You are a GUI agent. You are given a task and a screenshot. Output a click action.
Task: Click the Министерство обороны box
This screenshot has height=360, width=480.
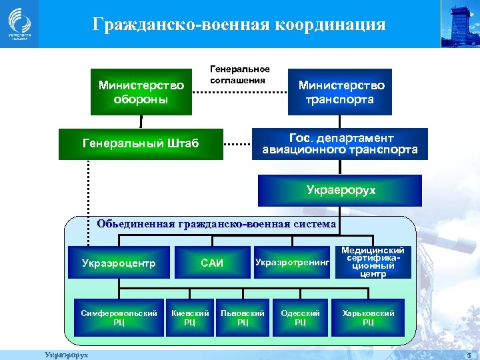pos(141,92)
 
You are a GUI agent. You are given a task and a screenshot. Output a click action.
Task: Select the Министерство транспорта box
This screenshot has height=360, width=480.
pos(340,92)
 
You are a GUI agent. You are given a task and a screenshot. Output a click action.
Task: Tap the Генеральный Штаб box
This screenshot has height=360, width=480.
pos(140,143)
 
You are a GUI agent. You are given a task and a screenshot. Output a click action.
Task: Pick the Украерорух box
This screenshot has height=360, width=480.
pos(340,190)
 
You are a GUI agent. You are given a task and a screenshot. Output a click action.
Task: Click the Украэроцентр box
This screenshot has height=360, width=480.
pos(119,263)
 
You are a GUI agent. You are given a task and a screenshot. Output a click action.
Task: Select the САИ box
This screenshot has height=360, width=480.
pos(212,263)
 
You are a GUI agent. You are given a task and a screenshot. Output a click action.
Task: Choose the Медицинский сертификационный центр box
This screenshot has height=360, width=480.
pos(373,262)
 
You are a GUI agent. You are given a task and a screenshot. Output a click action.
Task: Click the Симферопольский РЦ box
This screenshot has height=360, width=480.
pos(119,317)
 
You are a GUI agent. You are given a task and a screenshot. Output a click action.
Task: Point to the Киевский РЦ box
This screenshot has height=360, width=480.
pos(190,317)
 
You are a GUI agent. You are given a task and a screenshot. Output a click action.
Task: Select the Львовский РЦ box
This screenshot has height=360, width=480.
pos(243,317)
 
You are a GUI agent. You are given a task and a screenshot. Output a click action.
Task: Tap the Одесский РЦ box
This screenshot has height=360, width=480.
pos(301,317)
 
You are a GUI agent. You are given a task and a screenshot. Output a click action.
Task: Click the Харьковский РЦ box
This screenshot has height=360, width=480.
pos(368,317)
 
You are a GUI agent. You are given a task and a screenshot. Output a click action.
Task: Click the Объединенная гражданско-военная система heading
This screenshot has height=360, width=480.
pos(216,224)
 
